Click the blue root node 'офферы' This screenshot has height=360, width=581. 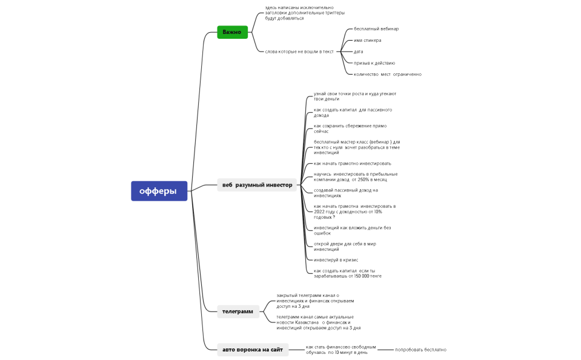[159, 191]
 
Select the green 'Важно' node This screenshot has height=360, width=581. [232, 32]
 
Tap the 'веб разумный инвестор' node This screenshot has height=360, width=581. [257, 185]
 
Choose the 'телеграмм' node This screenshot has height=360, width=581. [237, 312]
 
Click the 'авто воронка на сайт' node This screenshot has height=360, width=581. [252, 350]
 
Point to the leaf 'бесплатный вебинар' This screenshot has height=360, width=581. [376, 29]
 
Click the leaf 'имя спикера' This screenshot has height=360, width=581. [368, 41]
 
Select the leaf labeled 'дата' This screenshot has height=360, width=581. [359, 52]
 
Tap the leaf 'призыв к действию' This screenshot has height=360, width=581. [374, 63]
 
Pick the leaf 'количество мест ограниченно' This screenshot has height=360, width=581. [388, 75]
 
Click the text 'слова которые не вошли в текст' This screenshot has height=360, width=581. [299, 52]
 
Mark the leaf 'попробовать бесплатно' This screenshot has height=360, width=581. [420, 350]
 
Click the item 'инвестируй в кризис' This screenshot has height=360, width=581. [336, 260]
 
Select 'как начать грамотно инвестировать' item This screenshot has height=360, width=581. [352, 164]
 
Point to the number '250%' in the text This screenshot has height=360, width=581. [364, 180]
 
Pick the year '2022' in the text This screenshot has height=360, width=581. [320, 212]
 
